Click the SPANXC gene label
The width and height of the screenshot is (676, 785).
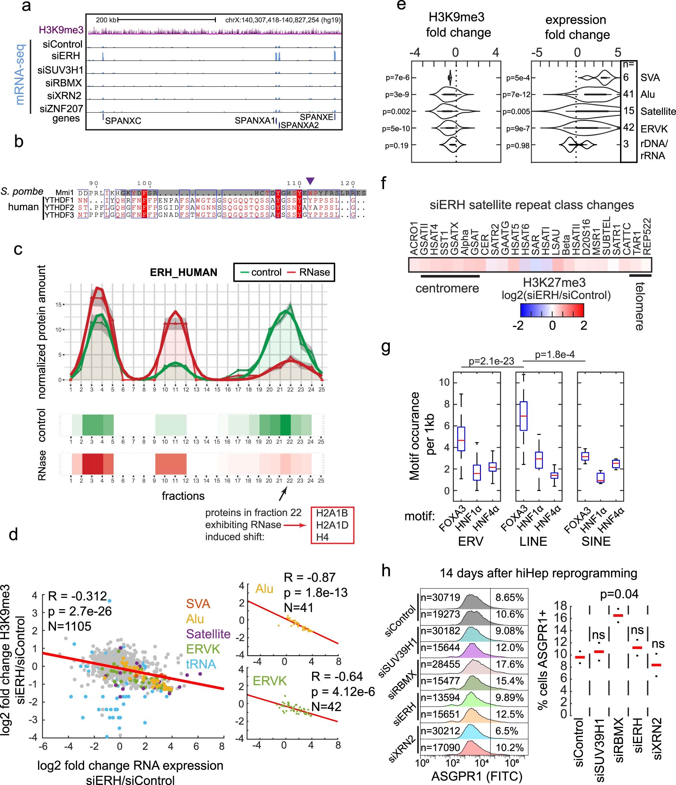123,121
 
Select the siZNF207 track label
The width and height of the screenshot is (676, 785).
61,109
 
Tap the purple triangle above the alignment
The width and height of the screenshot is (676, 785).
310,181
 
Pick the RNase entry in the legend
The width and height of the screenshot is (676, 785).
309,272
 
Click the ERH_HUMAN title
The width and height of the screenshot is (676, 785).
184,272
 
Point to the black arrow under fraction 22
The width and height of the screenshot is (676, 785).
283,493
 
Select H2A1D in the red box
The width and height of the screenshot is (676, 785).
332,525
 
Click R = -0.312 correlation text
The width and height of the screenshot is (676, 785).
77,596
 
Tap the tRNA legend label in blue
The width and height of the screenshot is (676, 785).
201,664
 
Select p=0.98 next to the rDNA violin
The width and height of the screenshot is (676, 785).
518,145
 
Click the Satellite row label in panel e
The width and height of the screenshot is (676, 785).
658,111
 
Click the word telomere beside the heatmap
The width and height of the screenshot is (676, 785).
640,306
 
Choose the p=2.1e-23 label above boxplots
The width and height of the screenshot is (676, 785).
491,361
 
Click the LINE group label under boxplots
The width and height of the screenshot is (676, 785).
533,541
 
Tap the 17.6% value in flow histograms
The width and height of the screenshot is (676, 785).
509,664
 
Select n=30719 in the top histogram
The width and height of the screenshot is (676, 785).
440,598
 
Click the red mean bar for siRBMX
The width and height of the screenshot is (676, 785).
618,615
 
